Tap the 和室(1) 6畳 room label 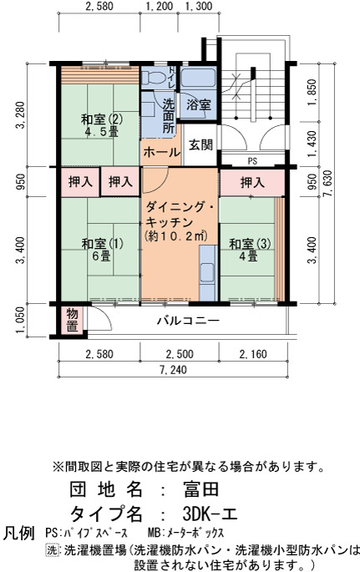(x=102, y=250)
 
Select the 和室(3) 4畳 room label (x=250, y=250)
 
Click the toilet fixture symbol (x=150, y=78)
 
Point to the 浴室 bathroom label (x=199, y=104)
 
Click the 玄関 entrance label (x=200, y=144)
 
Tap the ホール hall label (x=161, y=152)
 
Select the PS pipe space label (x=252, y=161)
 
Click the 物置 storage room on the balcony (x=72, y=320)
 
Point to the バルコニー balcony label (x=189, y=321)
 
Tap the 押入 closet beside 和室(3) (x=252, y=182)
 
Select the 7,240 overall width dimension (x=173, y=370)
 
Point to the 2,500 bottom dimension (x=180, y=354)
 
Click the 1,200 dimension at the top (x=159, y=6)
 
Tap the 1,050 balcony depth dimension (x=21, y=320)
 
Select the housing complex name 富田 (x=201, y=489)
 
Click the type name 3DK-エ (x=210, y=514)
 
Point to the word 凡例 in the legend (x=18, y=533)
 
